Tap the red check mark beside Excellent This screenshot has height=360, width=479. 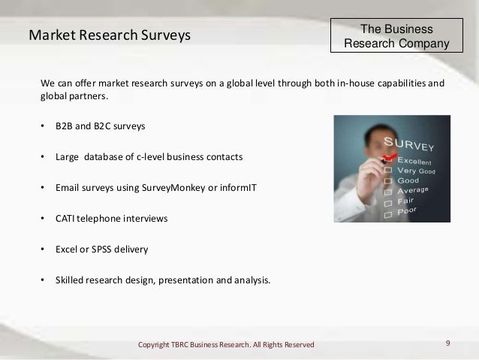pyautogui.click(x=389, y=157)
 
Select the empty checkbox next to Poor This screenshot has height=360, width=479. pyautogui.click(x=387, y=214)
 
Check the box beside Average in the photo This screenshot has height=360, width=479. pyautogui.click(x=387, y=192)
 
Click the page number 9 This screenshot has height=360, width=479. pyautogui.click(x=447, y=343)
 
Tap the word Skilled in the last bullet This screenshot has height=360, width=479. pyautogui.click(x=70, y=282)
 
